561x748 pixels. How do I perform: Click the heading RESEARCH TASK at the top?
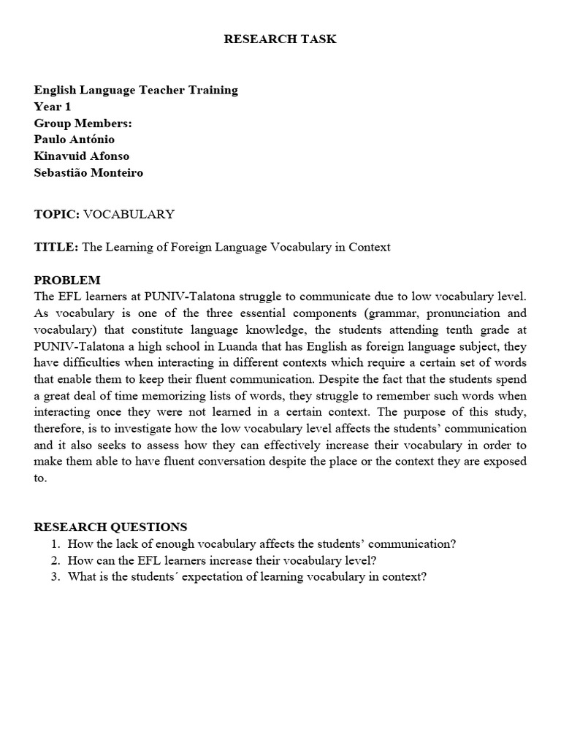tap(280, 39)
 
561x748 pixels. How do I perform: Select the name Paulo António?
tap(74, 139)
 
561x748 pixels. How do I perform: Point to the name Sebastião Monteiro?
tap(88, 172)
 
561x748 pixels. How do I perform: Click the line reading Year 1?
tap(53, 107)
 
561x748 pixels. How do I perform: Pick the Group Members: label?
tap(83, 123)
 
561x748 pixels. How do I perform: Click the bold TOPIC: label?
tap(57, 214)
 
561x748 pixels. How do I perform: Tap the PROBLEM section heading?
tap(67, 280)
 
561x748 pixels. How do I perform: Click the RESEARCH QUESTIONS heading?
tap(110, 527)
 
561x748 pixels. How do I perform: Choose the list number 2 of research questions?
tap(55, 560)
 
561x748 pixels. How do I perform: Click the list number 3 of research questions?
tap(55, 576)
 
